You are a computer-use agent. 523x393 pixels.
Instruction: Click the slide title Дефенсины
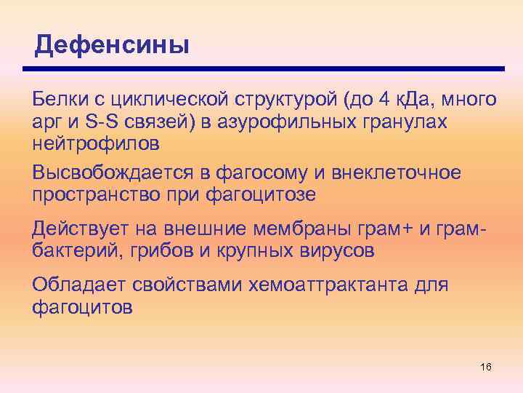(x=112, y=45)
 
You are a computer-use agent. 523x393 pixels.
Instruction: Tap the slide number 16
(x=486, y=366)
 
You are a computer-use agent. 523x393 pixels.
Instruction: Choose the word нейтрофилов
(x=96, y=143)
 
